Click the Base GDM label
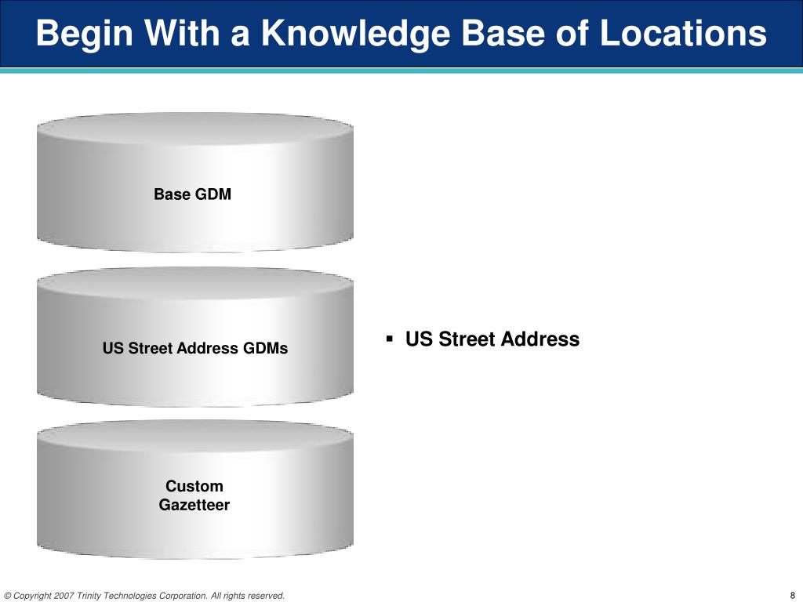click(193, 194)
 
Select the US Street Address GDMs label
click(195, 348)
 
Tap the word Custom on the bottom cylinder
click(194, 486)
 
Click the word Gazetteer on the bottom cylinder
click(194, 506)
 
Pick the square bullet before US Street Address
click(390, 339)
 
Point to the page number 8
click(793, 596)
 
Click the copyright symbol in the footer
click(7, 596)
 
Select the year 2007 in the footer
click(64, 596)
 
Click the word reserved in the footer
click(267, 596)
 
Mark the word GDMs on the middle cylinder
click(267, 348)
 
